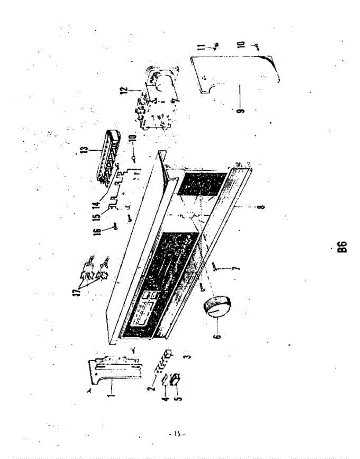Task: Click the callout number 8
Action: [261, 207]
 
